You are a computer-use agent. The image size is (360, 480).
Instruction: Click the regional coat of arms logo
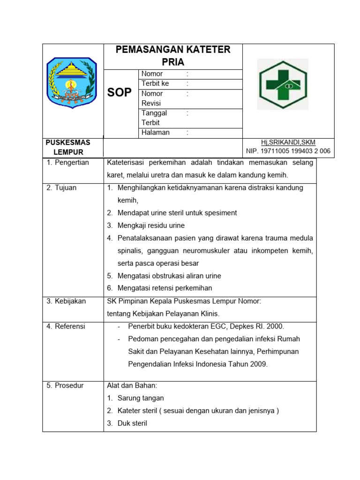point(72,83)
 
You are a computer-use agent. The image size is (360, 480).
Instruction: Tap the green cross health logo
point(284,84)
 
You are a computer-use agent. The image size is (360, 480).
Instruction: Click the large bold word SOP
point(120,92)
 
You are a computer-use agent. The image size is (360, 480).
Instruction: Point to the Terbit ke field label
point(155,83)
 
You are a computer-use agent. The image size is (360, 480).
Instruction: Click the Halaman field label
point(156,133)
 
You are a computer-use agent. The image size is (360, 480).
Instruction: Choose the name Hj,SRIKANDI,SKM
point(288,142)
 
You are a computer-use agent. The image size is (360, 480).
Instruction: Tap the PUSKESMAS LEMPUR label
point(68,147)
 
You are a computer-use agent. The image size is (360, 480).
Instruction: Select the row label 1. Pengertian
point(67,163)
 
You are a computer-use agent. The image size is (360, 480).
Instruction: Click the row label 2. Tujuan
point(61,188)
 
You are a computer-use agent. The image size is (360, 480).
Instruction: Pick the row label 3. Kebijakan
point(66,301)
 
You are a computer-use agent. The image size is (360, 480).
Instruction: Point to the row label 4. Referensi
point(66,326)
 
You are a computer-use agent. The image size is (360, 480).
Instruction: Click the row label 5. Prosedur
point(65,386)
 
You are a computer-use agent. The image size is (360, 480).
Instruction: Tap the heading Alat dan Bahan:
point(132,386)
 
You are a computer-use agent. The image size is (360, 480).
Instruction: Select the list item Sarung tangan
point(141,398)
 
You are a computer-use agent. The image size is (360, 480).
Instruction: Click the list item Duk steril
point(132,423)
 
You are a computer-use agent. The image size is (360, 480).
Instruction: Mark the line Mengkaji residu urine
point(151,225)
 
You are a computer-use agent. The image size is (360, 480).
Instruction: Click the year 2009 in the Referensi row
point(259,364)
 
